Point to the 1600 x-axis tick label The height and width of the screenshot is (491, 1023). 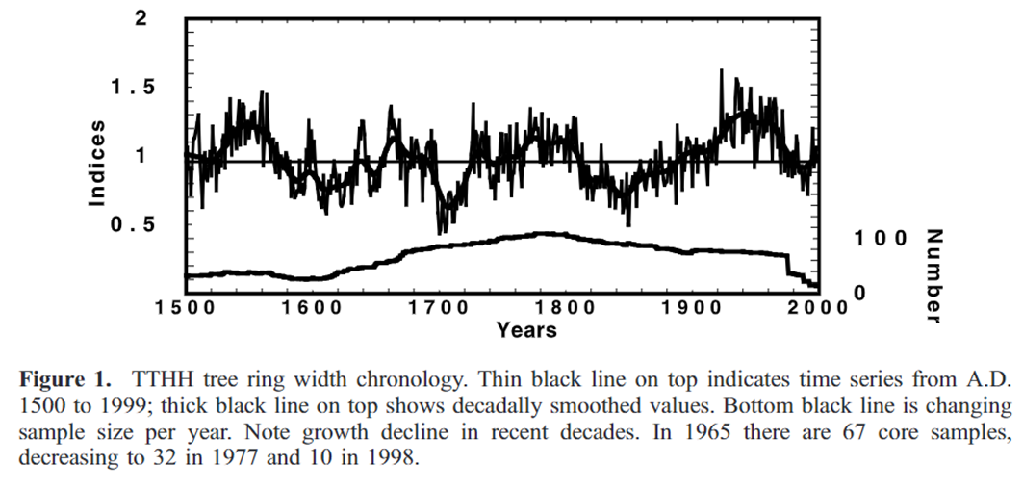click(x=313, y=308)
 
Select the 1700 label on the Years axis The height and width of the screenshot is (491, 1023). click(x=438, y=308)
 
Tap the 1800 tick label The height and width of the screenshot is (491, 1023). click(x=564, y=308)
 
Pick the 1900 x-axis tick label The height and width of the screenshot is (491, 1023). click(x=690, y=308)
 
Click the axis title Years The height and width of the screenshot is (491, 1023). click(x=526, y=330)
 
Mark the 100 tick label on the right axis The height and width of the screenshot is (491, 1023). click(x=877, y=238)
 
